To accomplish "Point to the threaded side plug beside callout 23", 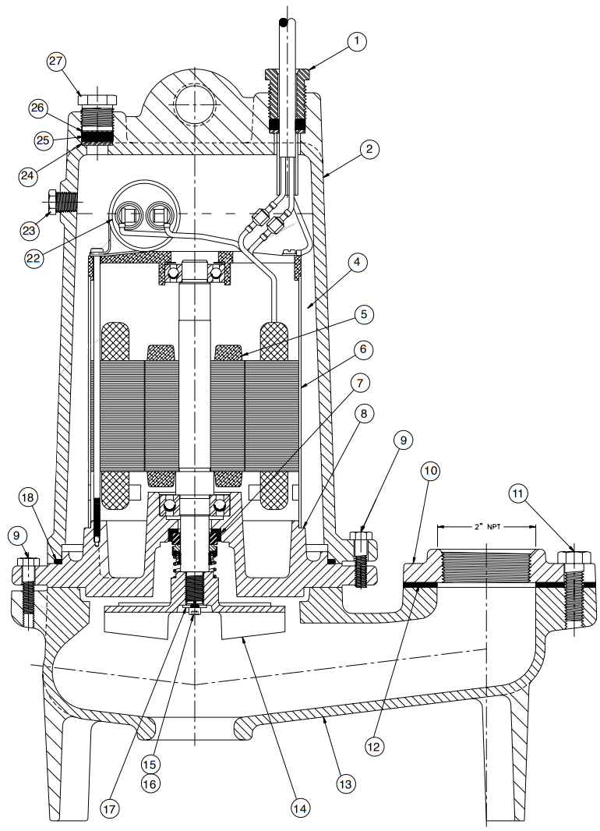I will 62,203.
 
